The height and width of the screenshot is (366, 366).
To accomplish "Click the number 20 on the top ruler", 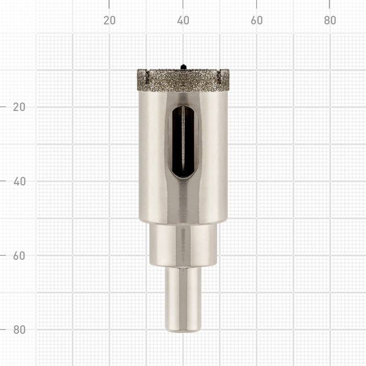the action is coord(109,21).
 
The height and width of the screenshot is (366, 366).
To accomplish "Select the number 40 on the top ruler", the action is coord(183,21).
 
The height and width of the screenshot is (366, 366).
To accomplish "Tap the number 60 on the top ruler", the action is coord(257,21).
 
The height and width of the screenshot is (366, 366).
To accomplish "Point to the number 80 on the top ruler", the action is coord(330,21).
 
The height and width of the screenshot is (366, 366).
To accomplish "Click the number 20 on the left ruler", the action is coord(19,107).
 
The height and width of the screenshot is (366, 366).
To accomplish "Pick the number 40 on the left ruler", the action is coord(19,181).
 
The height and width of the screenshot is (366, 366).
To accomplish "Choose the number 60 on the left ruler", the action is coord(19,256).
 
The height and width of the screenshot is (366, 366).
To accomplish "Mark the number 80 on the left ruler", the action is coord(19,329).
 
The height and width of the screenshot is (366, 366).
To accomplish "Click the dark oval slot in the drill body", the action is coord(183,142).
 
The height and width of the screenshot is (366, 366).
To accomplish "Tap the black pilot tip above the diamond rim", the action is coord(183,66).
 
